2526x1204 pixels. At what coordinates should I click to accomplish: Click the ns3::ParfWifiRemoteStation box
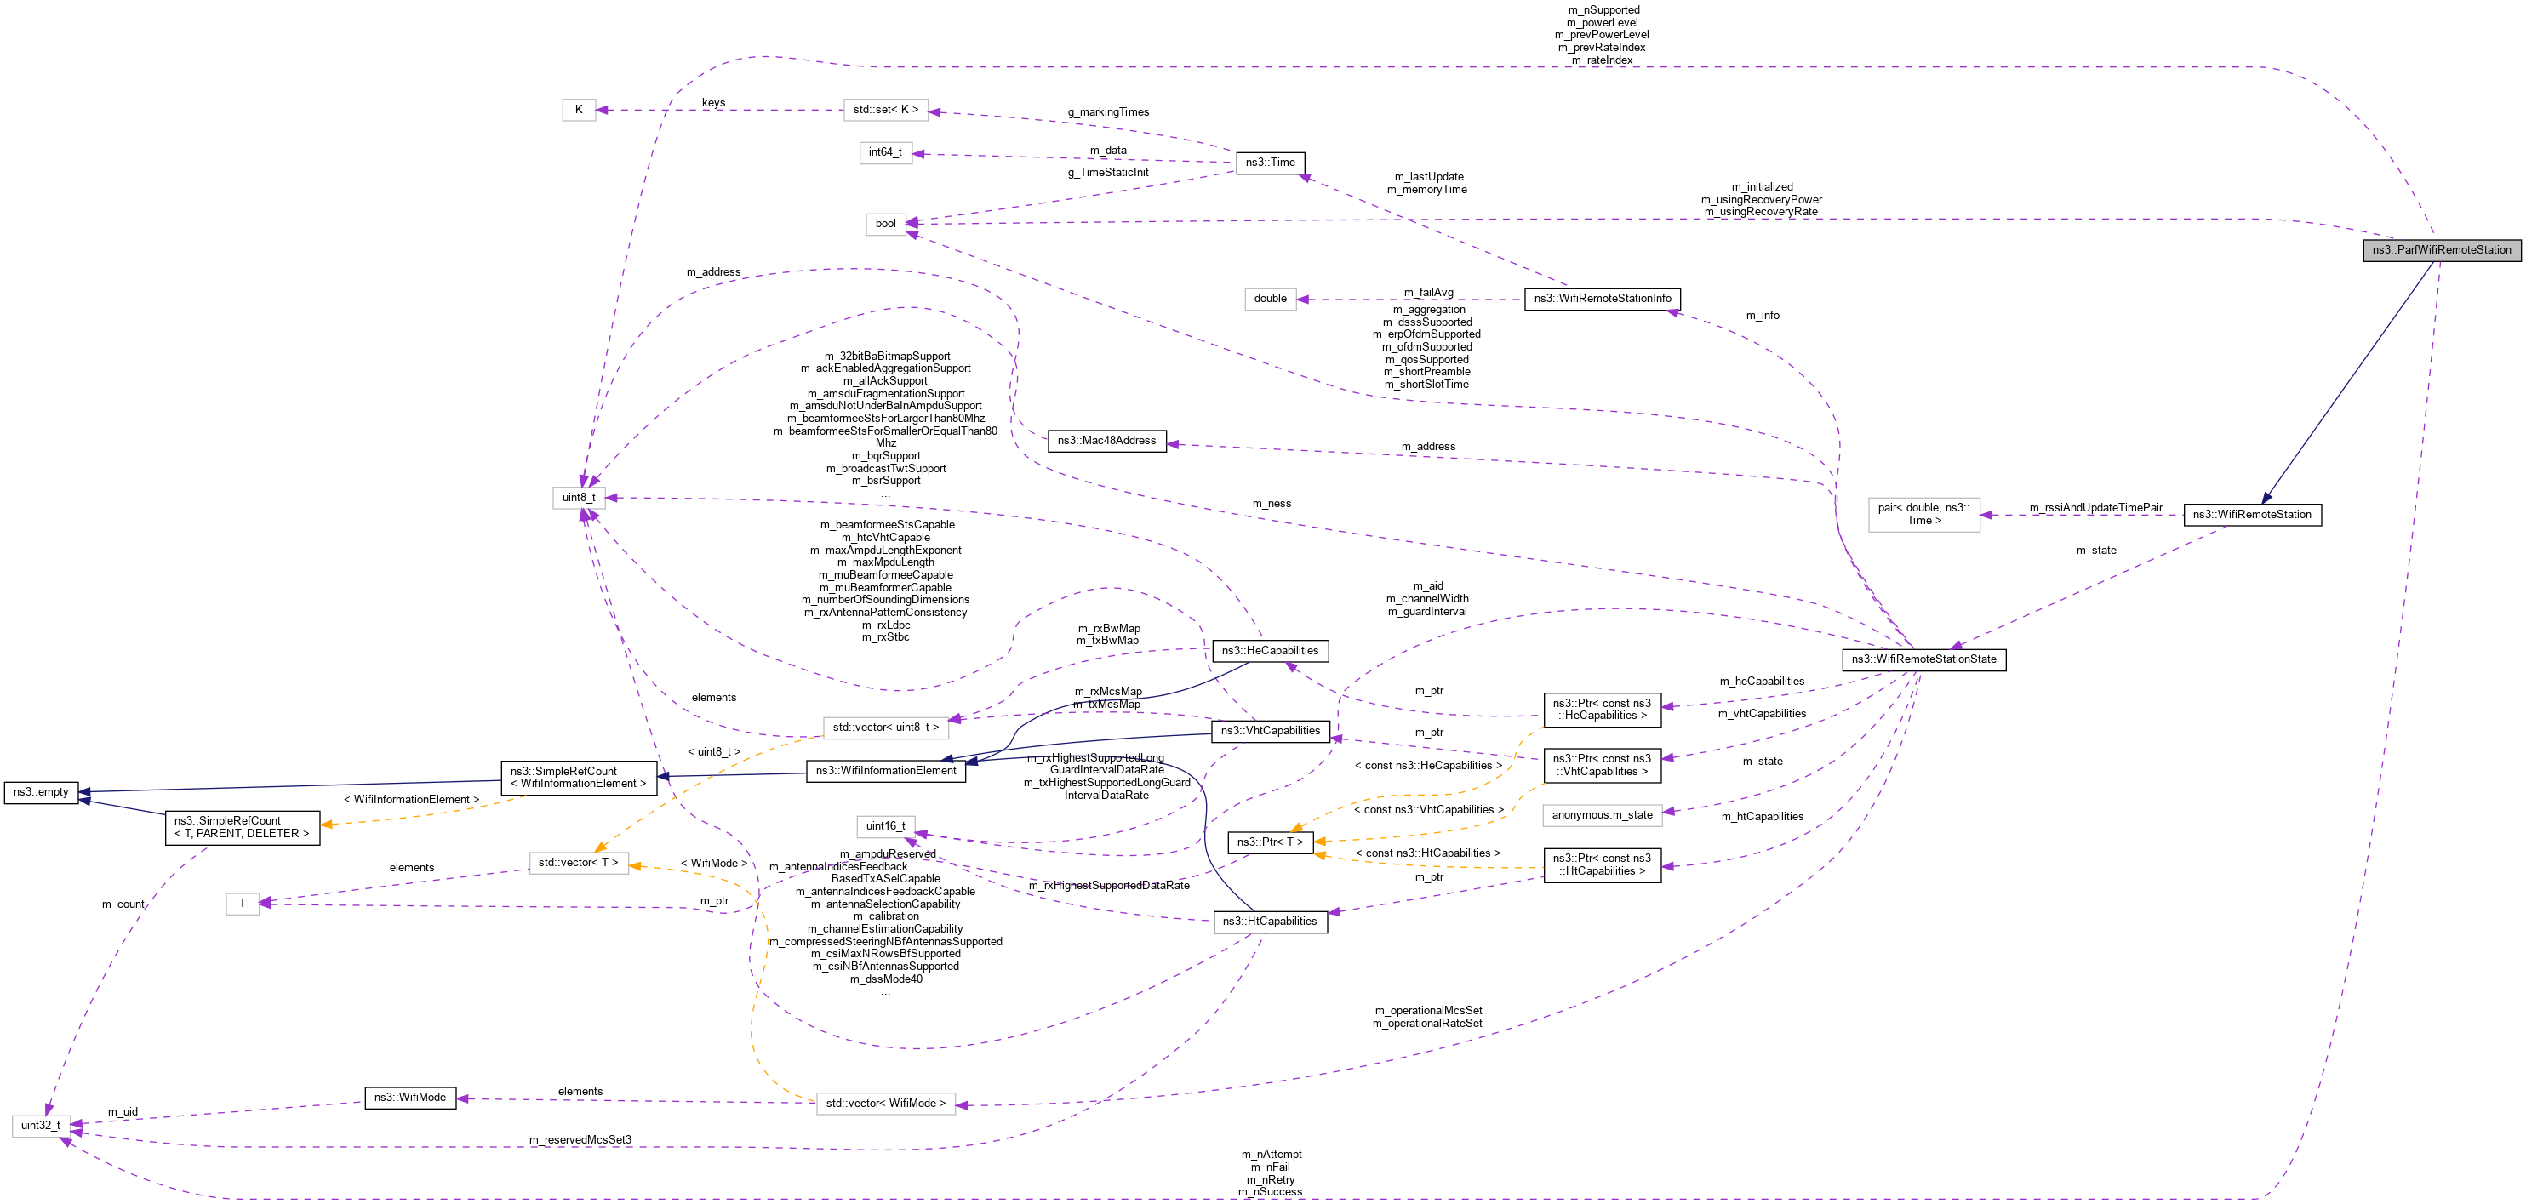(x=2441, y=250)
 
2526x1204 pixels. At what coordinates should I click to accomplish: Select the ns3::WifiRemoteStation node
(x=2251, y=515)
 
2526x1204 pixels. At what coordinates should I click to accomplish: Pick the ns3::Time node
(x=1270, y=163)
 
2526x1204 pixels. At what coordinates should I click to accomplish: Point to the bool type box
(x=885, y=224)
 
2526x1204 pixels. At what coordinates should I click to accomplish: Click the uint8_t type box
(x=579, y=498)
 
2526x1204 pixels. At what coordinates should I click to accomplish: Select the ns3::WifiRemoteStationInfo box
(x=1603, y=299)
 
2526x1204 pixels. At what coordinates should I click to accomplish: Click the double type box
(x=1270, y=299)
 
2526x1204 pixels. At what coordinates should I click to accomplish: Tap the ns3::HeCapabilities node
(x=1270, y=651)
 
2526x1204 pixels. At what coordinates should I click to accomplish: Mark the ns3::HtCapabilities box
(x=1270, y=922)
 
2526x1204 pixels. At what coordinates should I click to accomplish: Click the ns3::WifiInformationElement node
(x=885, y=771)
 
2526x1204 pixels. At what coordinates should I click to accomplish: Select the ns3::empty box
(x=41, y=792)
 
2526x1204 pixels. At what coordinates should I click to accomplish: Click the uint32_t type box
(x=41, y=1126)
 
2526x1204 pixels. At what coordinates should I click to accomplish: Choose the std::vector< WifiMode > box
(x=885, y=1104)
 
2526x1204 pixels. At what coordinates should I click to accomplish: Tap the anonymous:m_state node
(x=1603, y=815)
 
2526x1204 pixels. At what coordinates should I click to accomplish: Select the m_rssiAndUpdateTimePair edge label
(x=2095, y=508)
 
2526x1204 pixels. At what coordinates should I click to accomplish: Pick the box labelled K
(x=579, y=110)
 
